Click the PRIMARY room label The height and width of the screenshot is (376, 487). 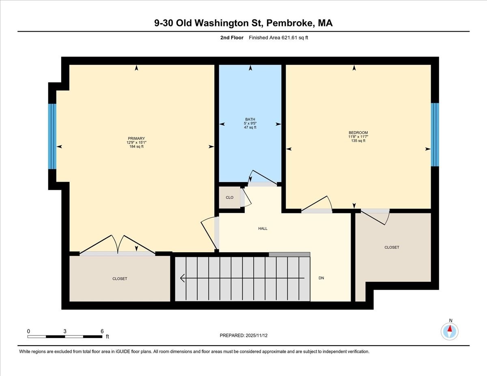coord(136,138)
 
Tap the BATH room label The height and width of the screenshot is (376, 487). coord(250,119)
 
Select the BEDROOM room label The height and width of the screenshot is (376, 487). coord(358,133)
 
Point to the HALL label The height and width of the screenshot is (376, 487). coord(263,229)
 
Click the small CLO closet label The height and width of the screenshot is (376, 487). coord(229,198)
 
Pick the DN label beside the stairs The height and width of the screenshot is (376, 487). coord(321,278)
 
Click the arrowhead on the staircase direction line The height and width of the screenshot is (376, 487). coord(182,278)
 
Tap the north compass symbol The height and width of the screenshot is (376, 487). coord(450,331)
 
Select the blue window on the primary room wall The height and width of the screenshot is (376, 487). coord(52,136)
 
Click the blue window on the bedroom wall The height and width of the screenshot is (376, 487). coord(435,135)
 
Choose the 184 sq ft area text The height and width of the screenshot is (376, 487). coord(136,146)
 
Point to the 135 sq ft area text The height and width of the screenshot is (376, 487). coord(358,141)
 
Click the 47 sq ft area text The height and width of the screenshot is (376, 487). coord(250,127)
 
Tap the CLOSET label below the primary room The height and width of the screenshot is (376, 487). coord(120,279)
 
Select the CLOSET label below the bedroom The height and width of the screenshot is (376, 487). coord(392,247)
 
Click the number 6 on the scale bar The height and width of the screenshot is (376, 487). coord(102,331)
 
